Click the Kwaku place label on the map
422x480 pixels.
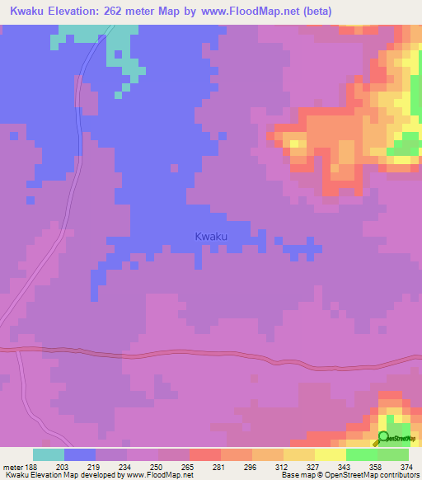click(x=211, y=237)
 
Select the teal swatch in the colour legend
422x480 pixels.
click(x=48, y=454)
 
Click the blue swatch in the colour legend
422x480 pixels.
click(x=80, y=454)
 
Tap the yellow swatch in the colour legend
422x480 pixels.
click(x=330, y=454)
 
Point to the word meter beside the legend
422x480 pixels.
click(x=12, y=466)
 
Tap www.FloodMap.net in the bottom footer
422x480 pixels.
click(x=155, y=475)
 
